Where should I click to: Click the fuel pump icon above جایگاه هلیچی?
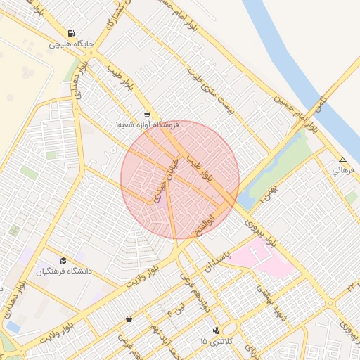point(71,33)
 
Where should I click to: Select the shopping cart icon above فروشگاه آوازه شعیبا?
point(146,114)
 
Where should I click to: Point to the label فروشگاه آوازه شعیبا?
point(148,124)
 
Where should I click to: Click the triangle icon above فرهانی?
point(342,160)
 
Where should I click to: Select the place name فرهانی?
point(344,170)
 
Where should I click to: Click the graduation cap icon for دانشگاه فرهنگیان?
point(64,260)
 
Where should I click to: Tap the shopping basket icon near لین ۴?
point(129,319)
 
